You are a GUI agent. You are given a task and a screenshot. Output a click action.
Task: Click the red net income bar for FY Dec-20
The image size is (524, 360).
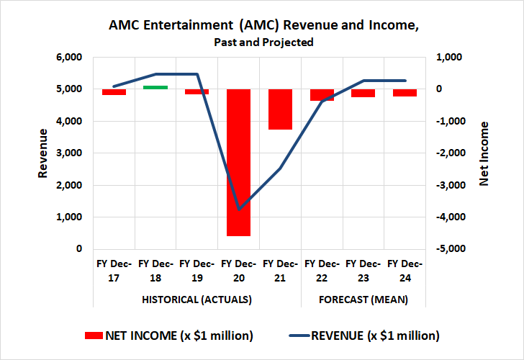(x=238, y=162)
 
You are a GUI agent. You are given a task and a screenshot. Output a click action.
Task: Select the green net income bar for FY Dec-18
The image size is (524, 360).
(x=155, y=87)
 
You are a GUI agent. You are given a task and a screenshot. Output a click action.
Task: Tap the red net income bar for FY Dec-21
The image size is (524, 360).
(x=280, y=109)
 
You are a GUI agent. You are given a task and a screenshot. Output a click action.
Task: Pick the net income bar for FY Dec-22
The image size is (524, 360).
(x=322, y=95)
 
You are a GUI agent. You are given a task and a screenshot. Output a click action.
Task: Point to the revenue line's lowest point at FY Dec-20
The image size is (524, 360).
(x=238, y=210)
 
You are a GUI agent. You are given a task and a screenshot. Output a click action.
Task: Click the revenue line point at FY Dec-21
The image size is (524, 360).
(x=280, y=168)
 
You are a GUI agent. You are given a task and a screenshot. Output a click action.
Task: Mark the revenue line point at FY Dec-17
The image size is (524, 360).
(x=114, y=86)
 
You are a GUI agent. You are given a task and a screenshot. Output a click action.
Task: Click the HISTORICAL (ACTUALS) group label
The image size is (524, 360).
(x=196, y=300)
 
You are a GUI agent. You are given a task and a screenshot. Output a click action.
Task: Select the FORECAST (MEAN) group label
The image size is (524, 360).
(x=363, y=300)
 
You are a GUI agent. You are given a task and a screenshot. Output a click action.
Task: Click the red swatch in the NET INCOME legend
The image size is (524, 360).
(x=94, y=336)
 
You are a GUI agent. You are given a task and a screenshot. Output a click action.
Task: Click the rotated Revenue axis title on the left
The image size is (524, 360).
(x=43, y=153)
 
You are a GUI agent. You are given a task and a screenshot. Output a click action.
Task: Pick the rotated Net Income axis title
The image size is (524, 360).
(x=484, y=153)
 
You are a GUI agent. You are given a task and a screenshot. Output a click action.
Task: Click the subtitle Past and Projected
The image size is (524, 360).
(x=263, y=42)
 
